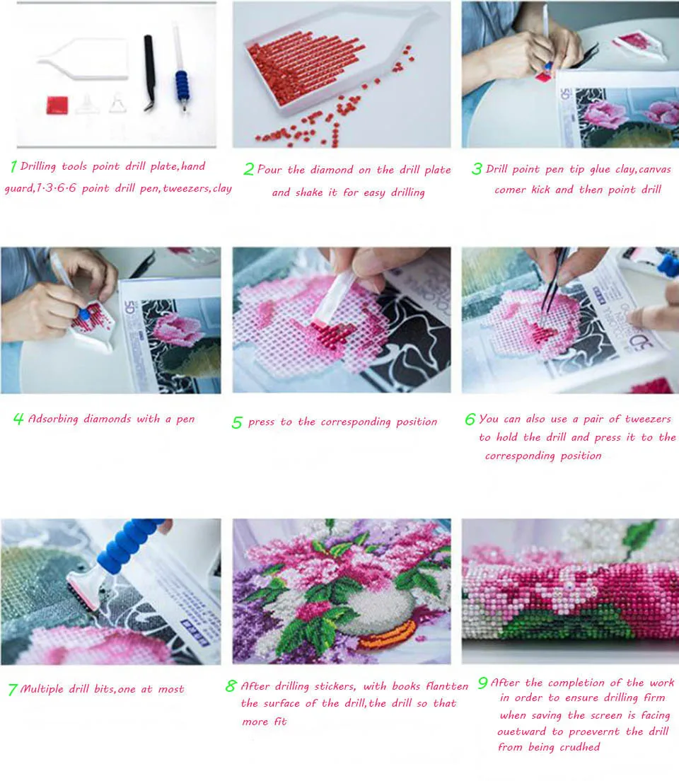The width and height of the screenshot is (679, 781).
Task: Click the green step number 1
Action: tap(13, 166)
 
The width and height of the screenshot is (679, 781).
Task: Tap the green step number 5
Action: tap(237, 423)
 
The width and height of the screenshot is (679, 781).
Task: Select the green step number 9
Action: tap(482, 683)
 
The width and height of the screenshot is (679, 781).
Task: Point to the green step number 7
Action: tap(13, 690)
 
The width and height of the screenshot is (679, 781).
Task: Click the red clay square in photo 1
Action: tap(57, 105)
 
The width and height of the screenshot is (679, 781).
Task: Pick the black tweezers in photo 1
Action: tap(149, 73)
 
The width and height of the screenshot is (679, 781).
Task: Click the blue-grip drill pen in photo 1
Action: tap(181, 70)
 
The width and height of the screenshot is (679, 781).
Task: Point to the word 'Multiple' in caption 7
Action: tap(42, 689)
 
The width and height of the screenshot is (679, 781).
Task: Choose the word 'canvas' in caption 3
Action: tap(654, 170)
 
